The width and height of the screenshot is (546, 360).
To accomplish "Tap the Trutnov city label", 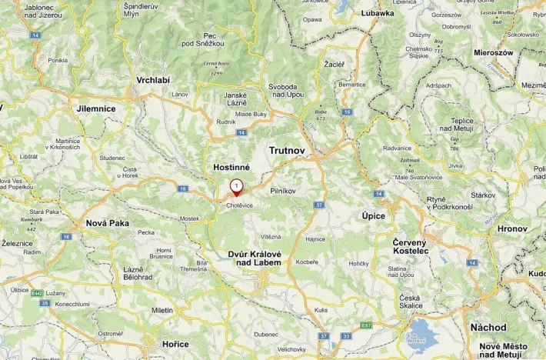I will [288, 151].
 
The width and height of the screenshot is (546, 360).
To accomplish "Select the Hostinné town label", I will [231, 167].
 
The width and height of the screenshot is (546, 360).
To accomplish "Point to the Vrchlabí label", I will [153, 80].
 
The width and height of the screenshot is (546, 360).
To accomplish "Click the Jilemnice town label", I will [96, 109].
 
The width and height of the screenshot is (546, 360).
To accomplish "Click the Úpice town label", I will [374, 216].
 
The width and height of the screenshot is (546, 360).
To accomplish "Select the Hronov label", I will [512, 228].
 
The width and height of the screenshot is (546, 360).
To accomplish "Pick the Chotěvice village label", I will [239, 205].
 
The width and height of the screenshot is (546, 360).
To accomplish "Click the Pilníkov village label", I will [284, 189].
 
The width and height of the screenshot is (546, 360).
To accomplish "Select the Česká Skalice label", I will [410, 302].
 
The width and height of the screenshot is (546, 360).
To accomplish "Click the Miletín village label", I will [162, 310].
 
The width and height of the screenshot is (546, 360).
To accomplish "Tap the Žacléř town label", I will [335, 64].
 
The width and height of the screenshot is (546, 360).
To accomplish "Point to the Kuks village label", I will [321, 310].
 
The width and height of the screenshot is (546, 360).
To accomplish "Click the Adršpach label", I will [438, 85].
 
